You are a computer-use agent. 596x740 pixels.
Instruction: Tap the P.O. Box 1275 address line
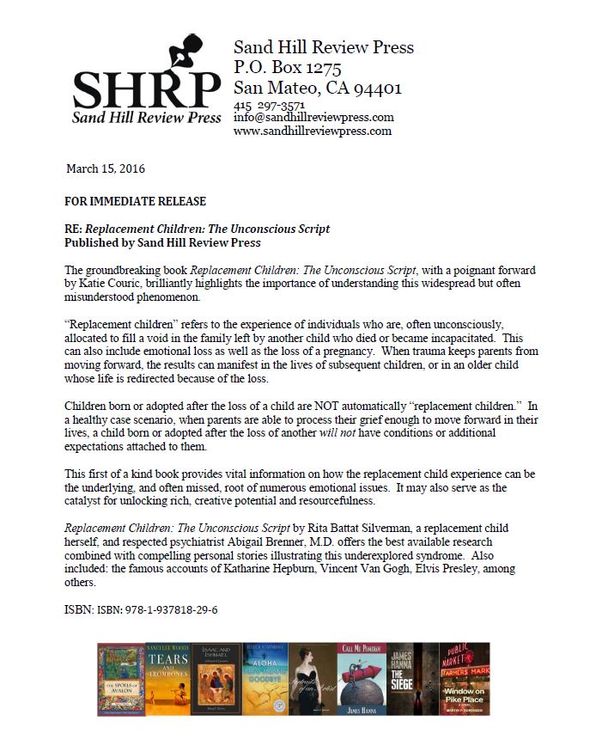pos(287,67)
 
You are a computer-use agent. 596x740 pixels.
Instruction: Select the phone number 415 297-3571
pos(269,105)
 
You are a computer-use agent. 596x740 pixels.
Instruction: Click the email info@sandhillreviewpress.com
pos(313,118)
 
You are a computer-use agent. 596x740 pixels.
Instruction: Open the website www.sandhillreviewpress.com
pos(313,131)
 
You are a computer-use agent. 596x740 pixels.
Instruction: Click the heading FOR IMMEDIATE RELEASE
pos(135,201)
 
